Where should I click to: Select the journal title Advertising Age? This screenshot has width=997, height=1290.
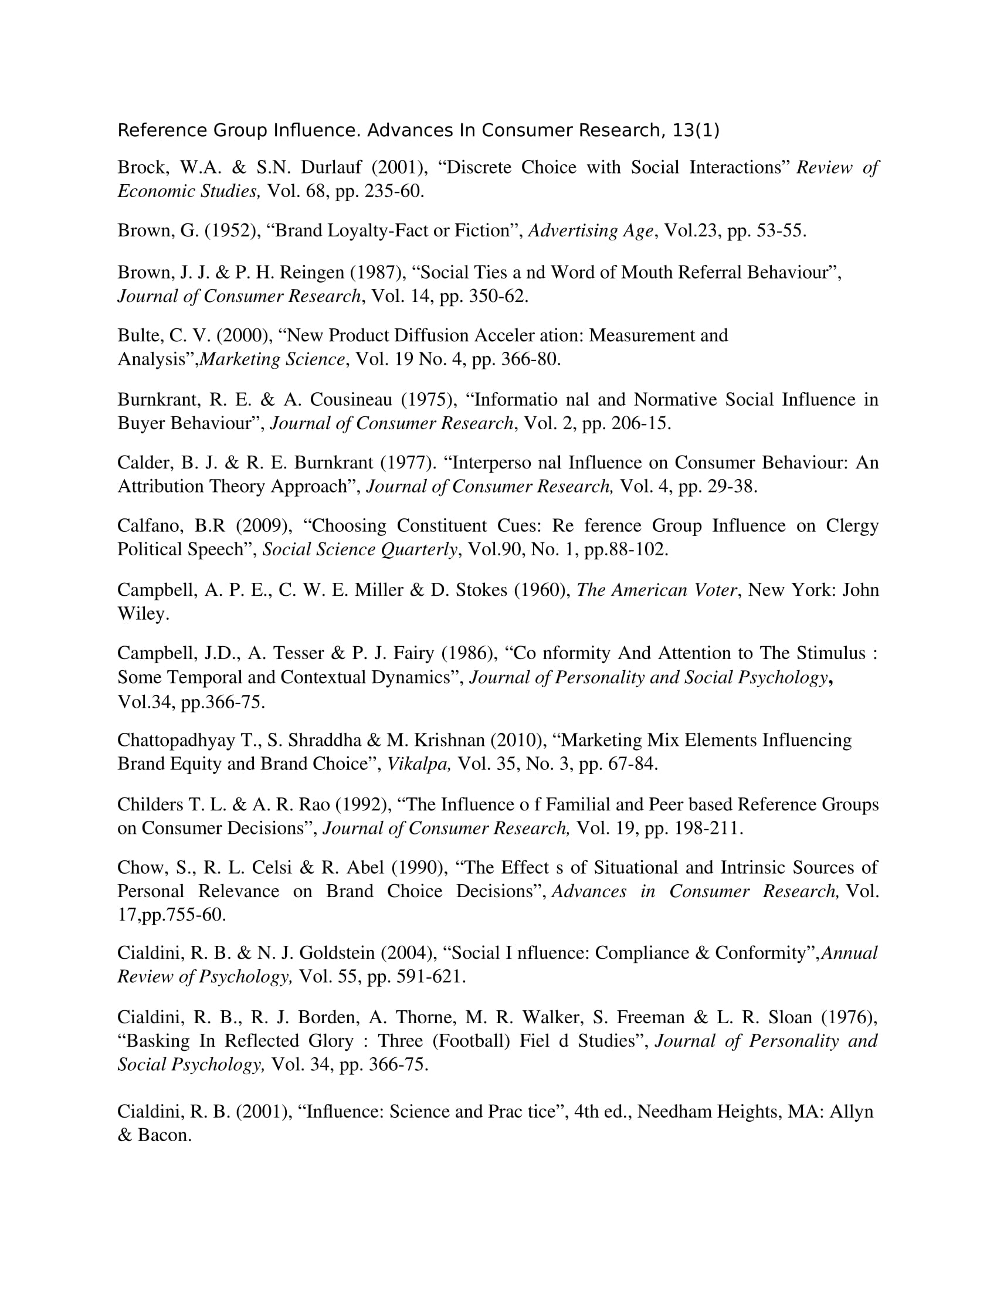(591, 231)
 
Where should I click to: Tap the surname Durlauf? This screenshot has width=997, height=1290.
(331, 168)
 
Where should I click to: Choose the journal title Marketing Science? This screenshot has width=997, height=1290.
(272, 359)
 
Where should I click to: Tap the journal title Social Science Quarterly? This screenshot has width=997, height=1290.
(360, 550)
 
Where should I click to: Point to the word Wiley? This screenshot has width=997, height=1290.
(143, 615)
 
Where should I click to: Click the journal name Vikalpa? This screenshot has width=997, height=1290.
(418, 764)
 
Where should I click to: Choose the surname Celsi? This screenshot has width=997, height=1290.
(272, 868)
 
